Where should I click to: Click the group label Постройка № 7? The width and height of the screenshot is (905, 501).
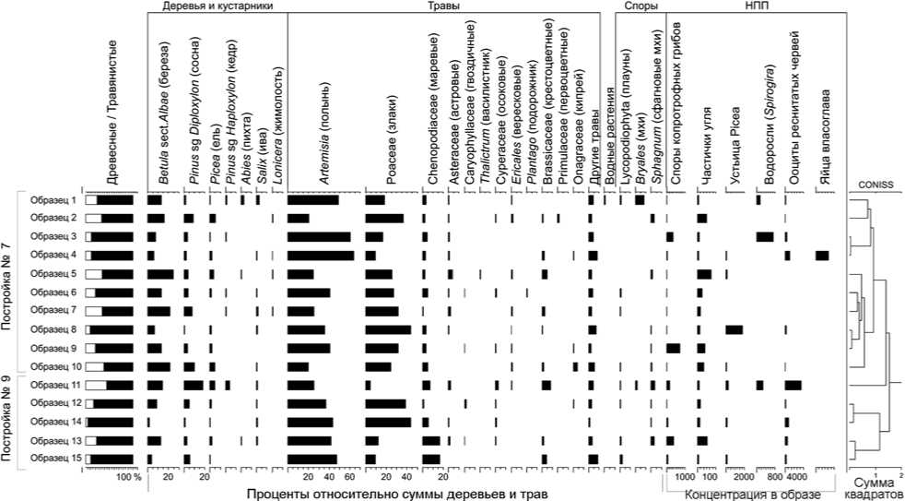[7, 282]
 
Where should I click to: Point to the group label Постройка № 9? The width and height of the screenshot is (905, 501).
[7, 421]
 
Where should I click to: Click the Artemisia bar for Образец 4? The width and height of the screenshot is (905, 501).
[321, 255]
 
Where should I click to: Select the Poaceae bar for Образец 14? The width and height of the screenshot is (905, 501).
[388, 422]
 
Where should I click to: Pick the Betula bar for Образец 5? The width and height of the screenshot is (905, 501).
[159, 274]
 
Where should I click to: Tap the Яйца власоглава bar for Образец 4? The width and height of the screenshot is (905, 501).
[822, 255]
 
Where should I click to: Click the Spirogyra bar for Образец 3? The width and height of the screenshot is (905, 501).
[764, 237]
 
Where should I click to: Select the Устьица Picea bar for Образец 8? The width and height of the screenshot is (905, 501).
[734, 329]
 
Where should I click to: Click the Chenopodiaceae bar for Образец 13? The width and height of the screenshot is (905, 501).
[430, 440]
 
